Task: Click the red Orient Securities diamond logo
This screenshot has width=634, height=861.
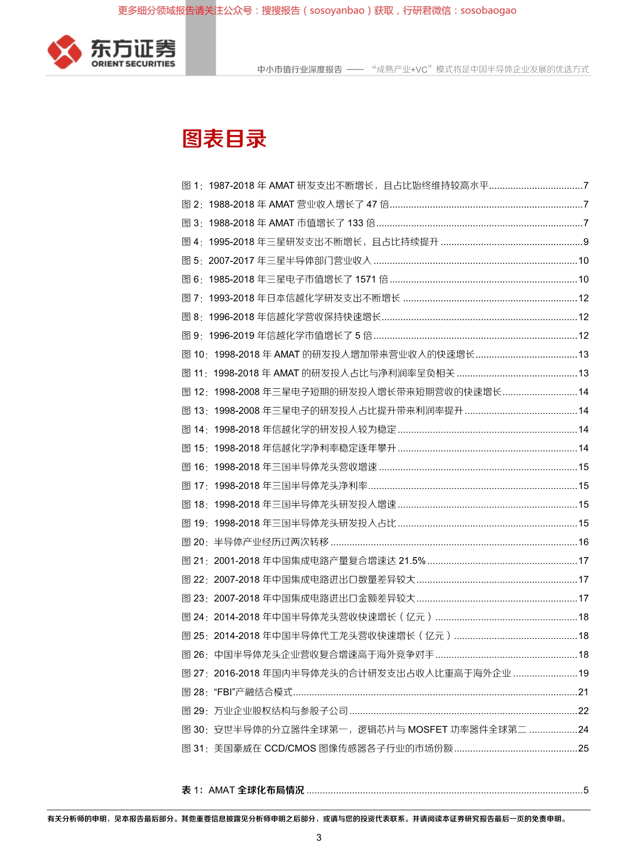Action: coord(64,52)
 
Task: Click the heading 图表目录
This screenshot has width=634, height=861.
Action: coord(224,139)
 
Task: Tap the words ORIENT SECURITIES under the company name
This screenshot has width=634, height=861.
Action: coord(133,64)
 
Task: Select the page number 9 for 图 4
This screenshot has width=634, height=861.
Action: coord(586,242)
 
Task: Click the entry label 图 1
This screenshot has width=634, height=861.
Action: coord(192,186)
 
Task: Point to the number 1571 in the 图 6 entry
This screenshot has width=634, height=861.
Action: coord(366,279)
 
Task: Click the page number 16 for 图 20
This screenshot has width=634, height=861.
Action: coord(583,542)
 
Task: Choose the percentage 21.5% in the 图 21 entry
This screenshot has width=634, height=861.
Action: coord(412,561)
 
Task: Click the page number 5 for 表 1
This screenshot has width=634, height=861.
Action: coord(586,790)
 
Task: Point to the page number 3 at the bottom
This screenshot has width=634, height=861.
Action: coord(319,837)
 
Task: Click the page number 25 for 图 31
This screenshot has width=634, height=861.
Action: coord(583,748)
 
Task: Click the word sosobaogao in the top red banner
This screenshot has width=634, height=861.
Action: coord(488,11)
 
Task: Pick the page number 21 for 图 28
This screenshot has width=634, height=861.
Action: coord(583,692)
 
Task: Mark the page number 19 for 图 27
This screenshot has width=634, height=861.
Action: coord(583,673)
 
